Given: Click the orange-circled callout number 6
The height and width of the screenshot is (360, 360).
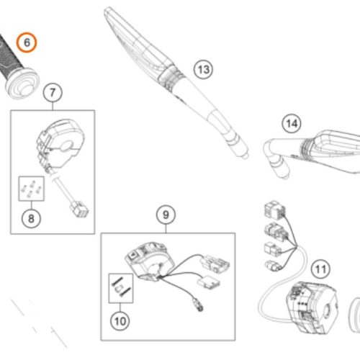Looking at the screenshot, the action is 27,42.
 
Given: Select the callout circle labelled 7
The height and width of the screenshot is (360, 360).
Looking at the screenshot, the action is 53,93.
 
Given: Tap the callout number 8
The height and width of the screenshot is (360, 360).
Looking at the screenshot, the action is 31,219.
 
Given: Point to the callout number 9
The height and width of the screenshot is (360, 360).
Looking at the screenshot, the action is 166,215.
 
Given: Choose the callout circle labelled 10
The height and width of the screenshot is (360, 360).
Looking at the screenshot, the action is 120,321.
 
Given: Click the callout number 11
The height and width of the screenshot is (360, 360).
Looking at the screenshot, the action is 320,269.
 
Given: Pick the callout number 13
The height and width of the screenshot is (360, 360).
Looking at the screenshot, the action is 203,70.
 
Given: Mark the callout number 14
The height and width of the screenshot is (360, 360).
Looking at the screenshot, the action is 292,124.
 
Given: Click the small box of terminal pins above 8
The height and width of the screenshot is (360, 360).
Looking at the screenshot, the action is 32,189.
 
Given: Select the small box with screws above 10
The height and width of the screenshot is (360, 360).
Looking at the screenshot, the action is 121,288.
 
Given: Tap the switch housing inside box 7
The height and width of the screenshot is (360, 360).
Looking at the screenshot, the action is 60,144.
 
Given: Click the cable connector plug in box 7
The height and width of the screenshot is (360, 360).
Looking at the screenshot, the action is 79,210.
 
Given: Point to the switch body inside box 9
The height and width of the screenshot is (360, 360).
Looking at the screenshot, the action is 149,261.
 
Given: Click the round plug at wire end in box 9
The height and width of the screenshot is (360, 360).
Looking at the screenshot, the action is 198,305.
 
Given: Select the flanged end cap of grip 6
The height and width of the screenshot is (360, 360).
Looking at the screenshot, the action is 22,84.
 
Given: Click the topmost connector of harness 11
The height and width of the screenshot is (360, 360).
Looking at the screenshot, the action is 275,210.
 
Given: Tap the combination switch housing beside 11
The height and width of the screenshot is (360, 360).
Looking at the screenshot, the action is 312,308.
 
